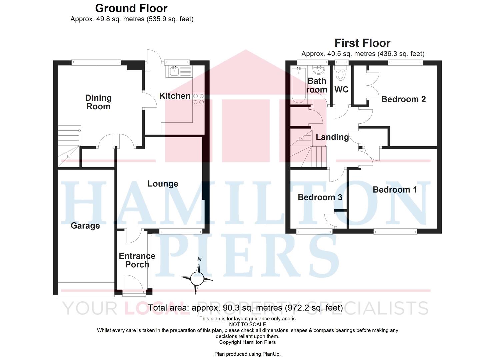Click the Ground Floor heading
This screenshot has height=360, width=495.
point(131,8)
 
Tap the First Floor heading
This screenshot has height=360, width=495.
point(362,43)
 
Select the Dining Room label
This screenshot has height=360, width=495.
point(98,102)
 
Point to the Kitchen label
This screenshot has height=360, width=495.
point(175,96)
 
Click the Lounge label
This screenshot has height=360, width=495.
point(163,184)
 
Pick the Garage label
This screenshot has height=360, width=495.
point(85,226)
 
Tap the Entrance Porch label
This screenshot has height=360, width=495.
point(137,260)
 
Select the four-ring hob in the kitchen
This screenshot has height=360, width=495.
point(198,99)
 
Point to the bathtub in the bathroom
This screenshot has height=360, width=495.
point(299,85)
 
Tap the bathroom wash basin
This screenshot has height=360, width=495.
point(319,70)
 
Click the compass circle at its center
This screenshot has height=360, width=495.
point(197,278)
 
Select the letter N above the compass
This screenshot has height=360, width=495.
point(199,259)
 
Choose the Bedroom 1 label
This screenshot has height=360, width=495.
point(395,190)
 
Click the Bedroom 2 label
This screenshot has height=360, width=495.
point(404,99)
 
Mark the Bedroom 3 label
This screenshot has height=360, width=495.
point(320,197)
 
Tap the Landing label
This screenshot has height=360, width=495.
point(332,137)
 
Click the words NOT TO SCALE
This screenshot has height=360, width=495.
point(247,324)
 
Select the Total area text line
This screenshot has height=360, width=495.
point(245,308)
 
